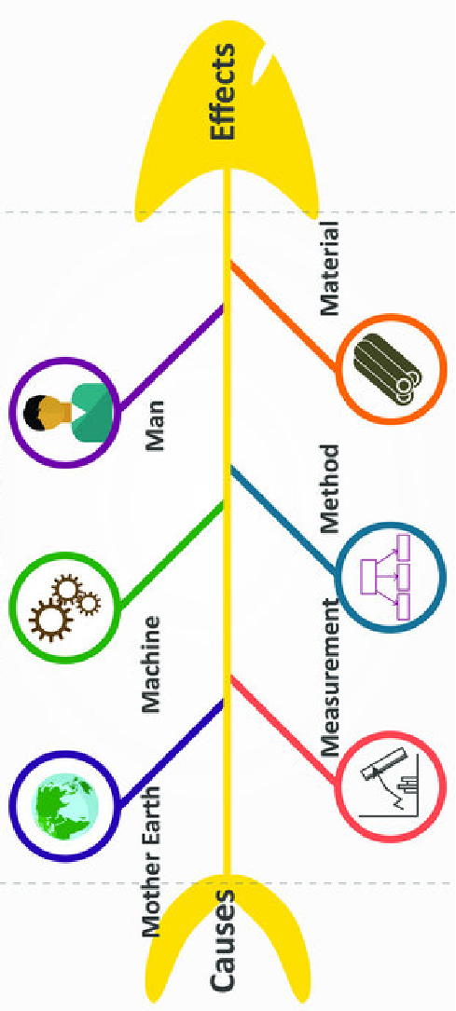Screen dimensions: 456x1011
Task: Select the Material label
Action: [329, 268]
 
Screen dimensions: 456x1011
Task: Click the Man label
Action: [155, 426]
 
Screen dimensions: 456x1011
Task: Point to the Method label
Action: [329, 487]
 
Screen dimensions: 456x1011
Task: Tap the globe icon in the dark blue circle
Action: [65, 805]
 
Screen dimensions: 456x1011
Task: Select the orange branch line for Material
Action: [283, 315]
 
